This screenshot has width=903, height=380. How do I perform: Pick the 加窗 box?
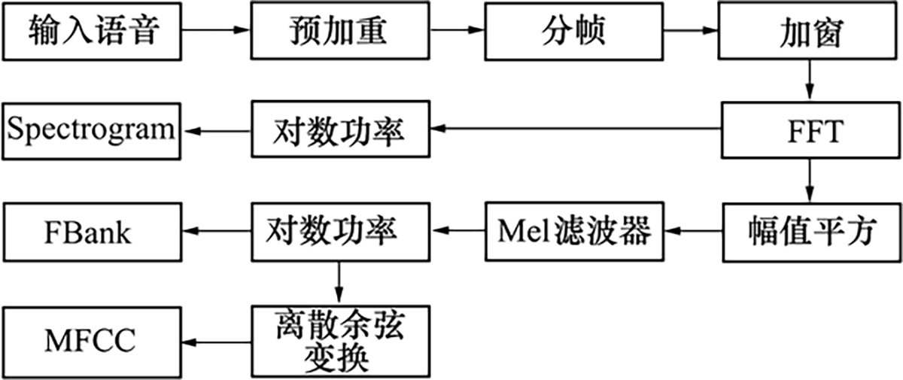809,31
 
